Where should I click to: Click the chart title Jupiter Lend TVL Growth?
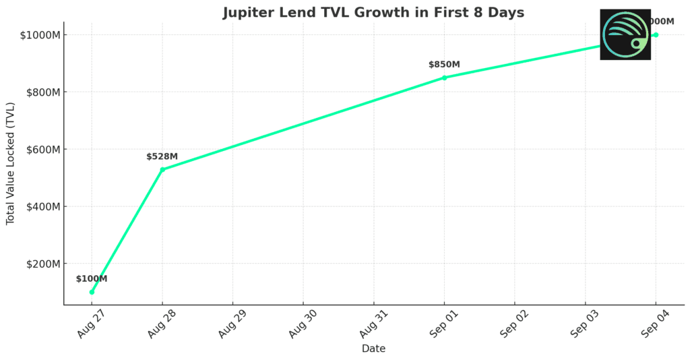pyautogui.click(x=373, y=13)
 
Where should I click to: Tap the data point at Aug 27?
pyautogui.click(x=92, y=292)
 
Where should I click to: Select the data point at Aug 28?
pyautogui.click(x=162, y=169)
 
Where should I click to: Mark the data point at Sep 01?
pyautogui.click(x=444, y=78)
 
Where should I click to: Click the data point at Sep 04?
pyautogui.click(x=656, y=34)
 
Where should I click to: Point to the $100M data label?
pyautogui.click(x=91, y=278)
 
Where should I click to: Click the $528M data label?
pyautogui.click(x=162, y=156)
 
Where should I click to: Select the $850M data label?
pyautogui.click(x=444, y=65)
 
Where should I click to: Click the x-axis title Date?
pyautogui.click(x=373, y=349)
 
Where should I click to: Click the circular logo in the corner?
pyautogui.click(x=625, y=34)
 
